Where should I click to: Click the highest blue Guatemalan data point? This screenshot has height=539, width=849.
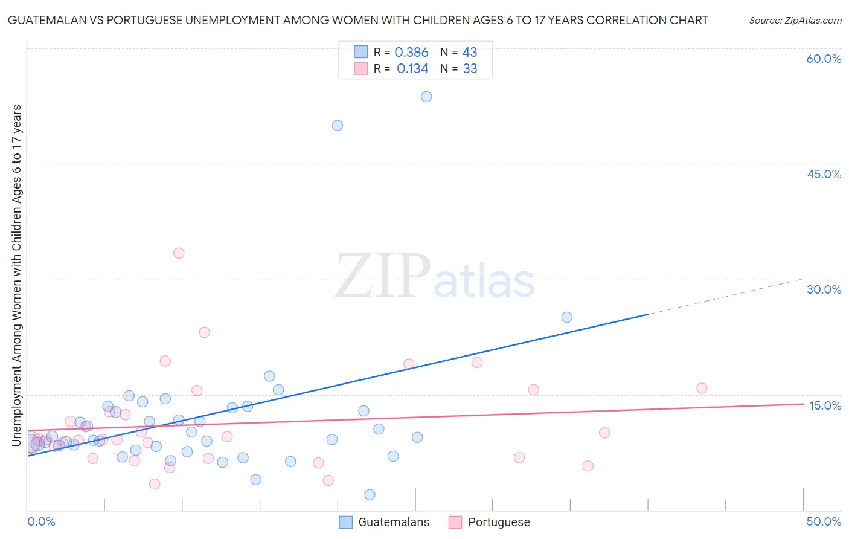click(x=426, y=97)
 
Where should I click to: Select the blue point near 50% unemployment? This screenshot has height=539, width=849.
click(x=337, y=125)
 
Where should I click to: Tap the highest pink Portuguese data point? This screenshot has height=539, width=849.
click(x=179, y=253)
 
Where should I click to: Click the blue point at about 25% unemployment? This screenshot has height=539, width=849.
click(x=566, y=317)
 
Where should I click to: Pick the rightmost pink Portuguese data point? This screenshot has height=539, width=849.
click(x=702, y=389)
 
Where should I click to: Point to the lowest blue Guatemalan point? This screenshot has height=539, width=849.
click(x=370, y=495)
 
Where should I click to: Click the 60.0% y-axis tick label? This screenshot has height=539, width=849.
click(x=824, y=59)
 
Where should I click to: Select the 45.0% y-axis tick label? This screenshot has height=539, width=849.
click(x=824, y=174)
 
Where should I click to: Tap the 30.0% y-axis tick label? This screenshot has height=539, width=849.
click(x=824, y=289)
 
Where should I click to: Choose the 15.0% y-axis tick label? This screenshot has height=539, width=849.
click(x=825, y=405)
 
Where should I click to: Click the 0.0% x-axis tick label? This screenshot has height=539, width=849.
click(x=42, y=521)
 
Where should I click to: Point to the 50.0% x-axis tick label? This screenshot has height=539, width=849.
click(x=824, y=521)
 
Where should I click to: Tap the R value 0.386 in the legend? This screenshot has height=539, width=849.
click(x=411, y=53)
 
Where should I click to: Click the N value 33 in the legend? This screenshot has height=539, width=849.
click(x=470, y=69)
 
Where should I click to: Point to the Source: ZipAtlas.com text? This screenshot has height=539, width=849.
click(x=795, y=21)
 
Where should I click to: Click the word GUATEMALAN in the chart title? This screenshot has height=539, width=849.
click(x=49, y=21)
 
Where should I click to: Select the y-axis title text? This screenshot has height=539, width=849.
click(x=17, y=276)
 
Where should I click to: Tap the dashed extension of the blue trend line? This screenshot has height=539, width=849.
click(x=725, y=297)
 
